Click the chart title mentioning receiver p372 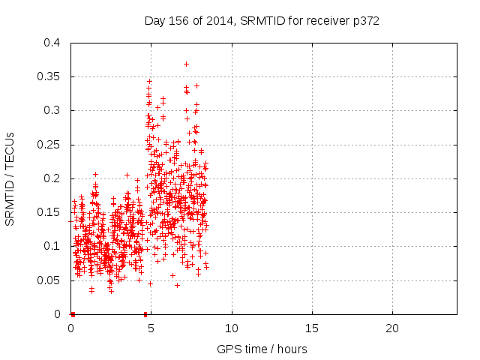tap(262, 21)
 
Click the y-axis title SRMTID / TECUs tap(10, 178)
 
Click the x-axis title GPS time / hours tap(262, 349)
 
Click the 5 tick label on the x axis tap(151, 328)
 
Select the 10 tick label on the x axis tap(232, 328)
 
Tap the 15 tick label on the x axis tap(312, 328)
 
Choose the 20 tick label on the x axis tap(392, 328)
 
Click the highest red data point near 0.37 tap(186, 64)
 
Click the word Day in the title tap(154, 21)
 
